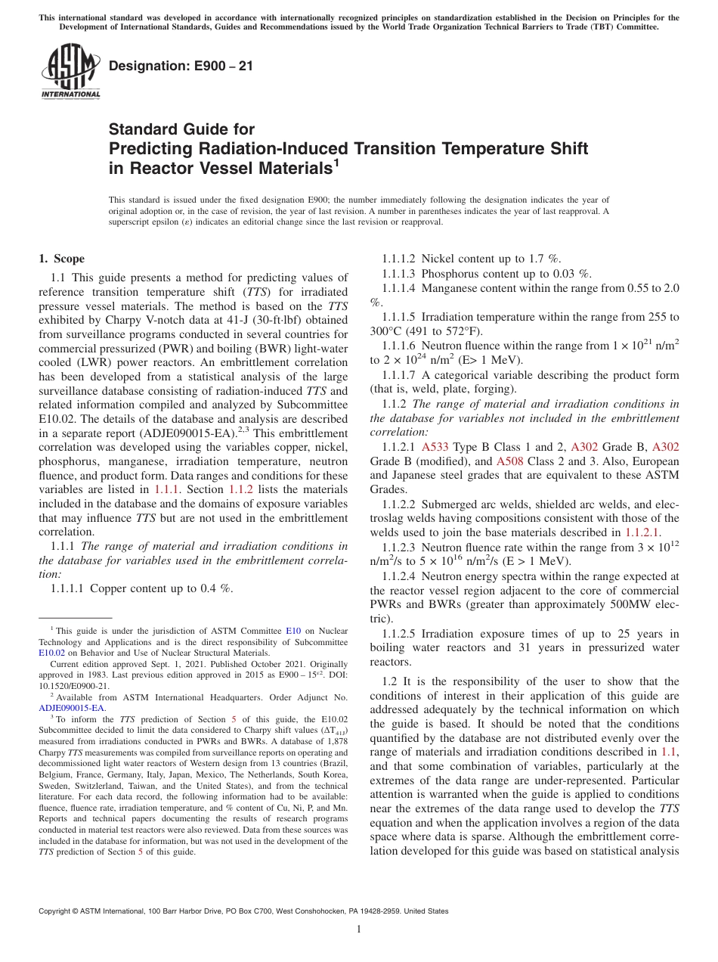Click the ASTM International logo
click(x=70, y=73)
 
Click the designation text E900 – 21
click(x=181, y=66)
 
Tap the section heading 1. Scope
click(x=61, y=259)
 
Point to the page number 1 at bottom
click(x=359, y=929)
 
